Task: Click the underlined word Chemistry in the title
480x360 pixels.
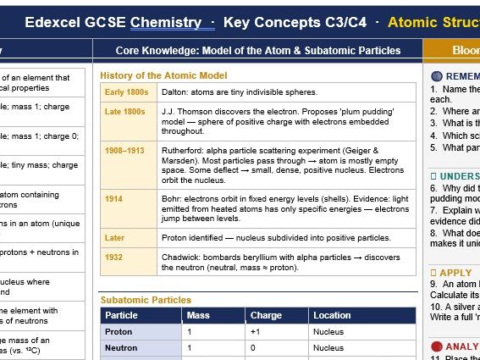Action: pyautogui.click(x=166, y=22)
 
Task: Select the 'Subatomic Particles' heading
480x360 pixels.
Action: pyautogui.click(x=146, y=300)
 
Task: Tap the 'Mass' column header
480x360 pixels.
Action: pyautogui.click(x=196, y=316)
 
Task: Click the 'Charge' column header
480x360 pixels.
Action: pyautogui.click(x=266, y=316)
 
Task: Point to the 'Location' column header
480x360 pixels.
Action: pyautogui.click(x=332, y=316)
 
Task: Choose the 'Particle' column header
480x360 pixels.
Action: pyautogui.click(x=121, y=316)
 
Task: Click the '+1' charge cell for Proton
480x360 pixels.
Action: pyautogui.click(x=255, y=332)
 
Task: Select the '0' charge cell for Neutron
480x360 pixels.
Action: pyautogui.click(x=252, y=347)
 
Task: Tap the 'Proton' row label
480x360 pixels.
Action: pyautogui.click(x=119, y=332)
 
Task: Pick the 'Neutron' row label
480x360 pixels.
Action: pyautogui.click(x=121, y=347)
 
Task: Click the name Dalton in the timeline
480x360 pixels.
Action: pyautogui.click(x=174, y=91)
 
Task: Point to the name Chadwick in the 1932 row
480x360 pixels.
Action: pyautogui.click(x=180, y=258)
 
